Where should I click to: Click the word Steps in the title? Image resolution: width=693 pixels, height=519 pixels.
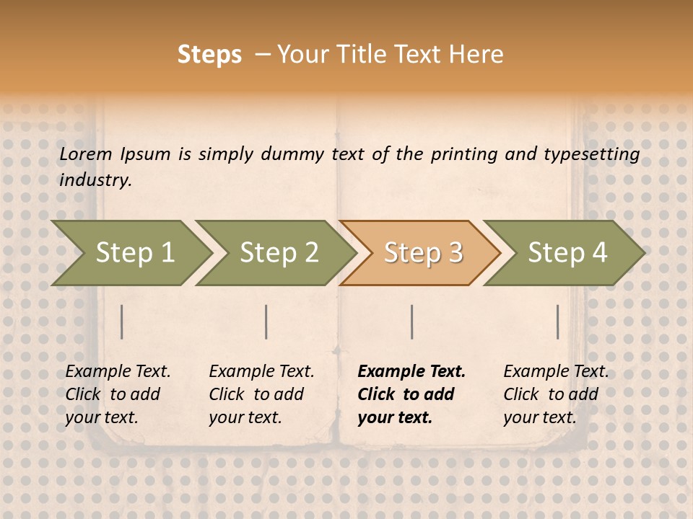209,55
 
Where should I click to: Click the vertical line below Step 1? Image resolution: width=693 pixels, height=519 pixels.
122,321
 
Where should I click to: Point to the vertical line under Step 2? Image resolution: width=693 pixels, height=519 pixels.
266,321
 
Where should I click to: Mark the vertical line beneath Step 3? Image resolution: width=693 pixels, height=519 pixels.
412,321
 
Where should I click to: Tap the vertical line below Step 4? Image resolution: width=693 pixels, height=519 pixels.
558,321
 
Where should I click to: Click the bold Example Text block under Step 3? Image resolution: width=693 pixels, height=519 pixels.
411,394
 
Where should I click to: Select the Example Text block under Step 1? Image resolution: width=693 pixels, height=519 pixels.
118,394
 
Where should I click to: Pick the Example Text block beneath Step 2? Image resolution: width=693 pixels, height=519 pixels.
261,394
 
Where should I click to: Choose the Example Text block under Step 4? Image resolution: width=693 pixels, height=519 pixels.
556,394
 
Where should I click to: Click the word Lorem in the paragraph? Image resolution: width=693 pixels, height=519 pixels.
86,154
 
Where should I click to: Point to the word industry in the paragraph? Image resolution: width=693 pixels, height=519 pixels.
95,180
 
